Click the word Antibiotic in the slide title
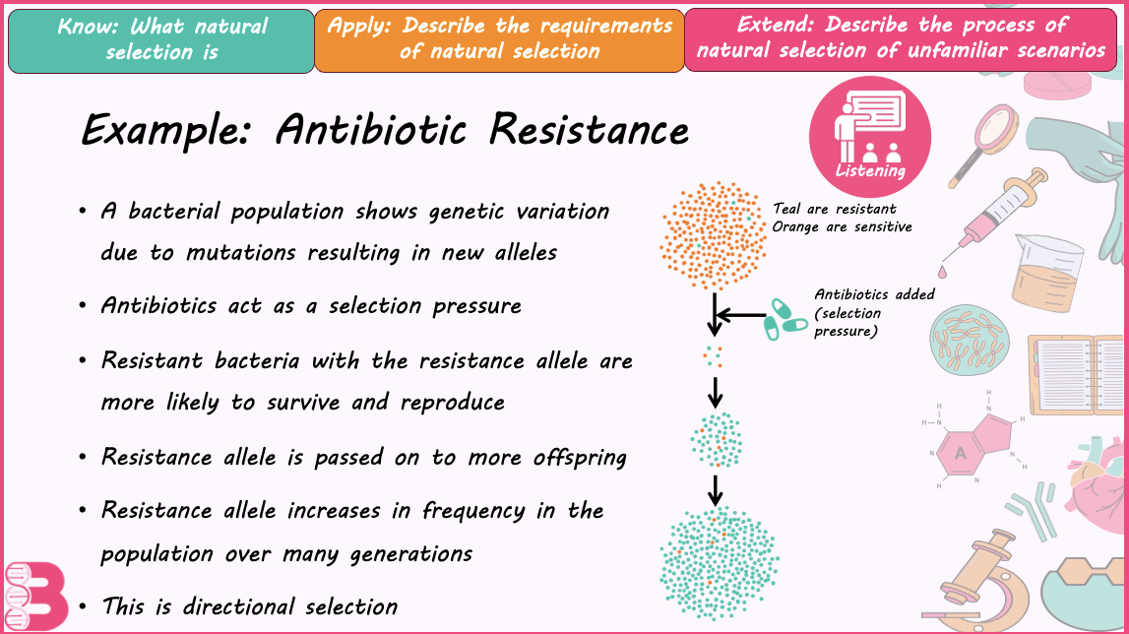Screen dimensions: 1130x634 [x=371, y=130]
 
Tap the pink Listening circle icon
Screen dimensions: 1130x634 [x=870, y=137]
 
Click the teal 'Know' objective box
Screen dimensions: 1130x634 [x=161, y=41]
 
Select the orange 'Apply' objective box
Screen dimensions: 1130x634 [x=499, y=40]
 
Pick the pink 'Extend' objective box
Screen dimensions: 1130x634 [x=901, y=39]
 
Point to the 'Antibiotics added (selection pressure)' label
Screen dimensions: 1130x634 [x=874, y=313]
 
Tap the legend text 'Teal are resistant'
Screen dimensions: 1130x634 [x=835, y=209]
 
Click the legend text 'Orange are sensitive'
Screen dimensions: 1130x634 [x=842, y=227]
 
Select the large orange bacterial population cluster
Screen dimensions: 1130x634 [x=714, y=235]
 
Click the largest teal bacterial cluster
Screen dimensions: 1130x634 [x=720, y=563]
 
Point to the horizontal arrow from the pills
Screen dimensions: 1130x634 [x=741, y=315]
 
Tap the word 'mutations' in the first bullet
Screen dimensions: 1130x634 [x=241, y=252]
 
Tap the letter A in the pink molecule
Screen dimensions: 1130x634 [x=960, y=453]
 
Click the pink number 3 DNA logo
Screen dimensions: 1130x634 [x=36, y=596]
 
